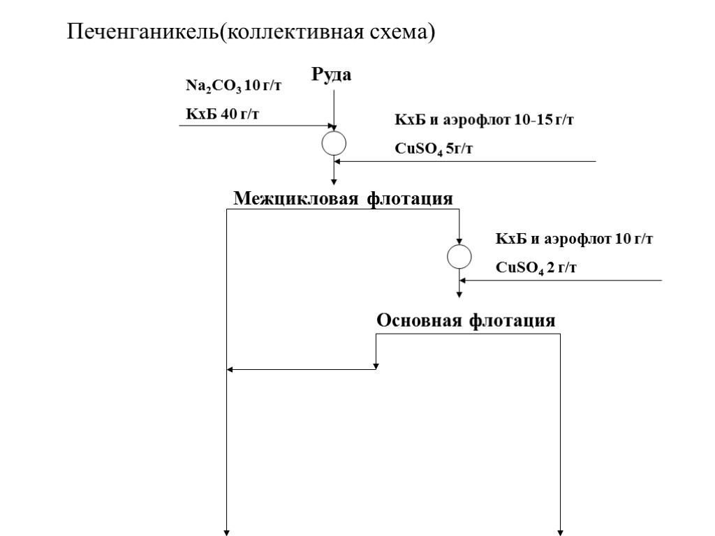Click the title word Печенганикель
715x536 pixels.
(142, 32)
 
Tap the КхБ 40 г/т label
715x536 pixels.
(221, 114)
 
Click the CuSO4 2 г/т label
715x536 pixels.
(536, 267)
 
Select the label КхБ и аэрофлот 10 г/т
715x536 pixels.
(574, 239)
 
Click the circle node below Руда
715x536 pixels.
(334, 142)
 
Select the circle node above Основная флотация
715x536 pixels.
(459, 257)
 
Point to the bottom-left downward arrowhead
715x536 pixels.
(228, 533)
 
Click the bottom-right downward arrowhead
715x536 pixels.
(561, 533)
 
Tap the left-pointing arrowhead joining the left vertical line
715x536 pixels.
(232, 369)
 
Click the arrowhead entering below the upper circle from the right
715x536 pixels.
(339, 162)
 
